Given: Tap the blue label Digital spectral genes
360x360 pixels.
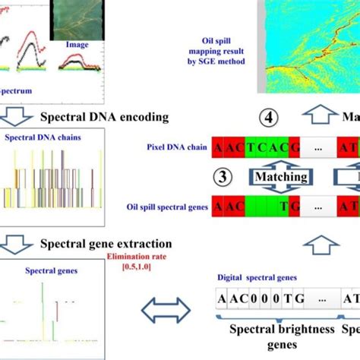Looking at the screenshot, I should (254, 279).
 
